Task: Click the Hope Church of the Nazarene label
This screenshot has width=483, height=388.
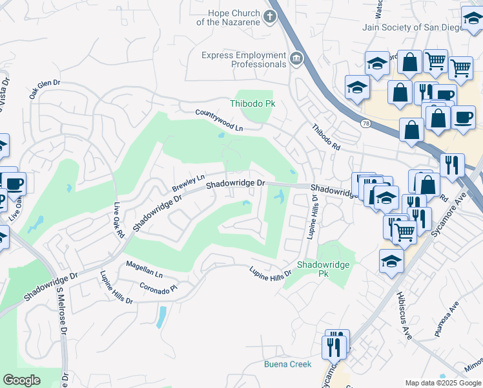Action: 233,17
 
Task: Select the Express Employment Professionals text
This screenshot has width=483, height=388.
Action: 243,60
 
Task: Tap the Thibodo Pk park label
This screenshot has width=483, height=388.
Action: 252,103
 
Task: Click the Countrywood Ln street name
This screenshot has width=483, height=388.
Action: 220,120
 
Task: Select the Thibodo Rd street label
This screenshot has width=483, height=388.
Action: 327,138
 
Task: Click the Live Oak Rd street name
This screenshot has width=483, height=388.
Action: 118,222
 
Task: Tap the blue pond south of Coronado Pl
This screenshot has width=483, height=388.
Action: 161,316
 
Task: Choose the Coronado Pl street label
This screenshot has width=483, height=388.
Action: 158,287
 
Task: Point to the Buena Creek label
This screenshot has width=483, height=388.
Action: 287,364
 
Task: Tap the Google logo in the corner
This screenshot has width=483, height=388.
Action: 21,380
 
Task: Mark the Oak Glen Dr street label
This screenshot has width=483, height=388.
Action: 44,89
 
